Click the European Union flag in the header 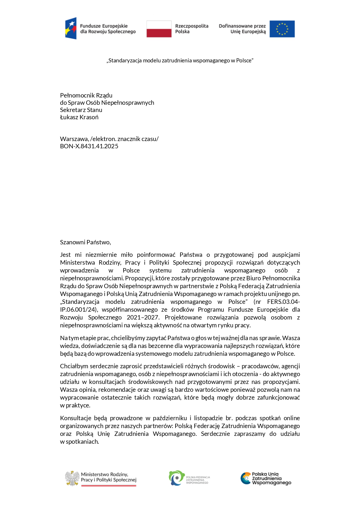282,29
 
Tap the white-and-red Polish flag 159,29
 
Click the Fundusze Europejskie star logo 71,28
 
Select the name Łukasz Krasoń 79,117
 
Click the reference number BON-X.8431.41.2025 89,146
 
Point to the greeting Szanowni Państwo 85,242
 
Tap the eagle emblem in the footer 72,478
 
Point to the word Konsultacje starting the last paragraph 75,418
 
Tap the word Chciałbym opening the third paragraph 74,366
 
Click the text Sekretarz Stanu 81,110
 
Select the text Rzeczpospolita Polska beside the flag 191,29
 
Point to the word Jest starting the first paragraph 65,255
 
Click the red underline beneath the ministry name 108,485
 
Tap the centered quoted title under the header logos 180,61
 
